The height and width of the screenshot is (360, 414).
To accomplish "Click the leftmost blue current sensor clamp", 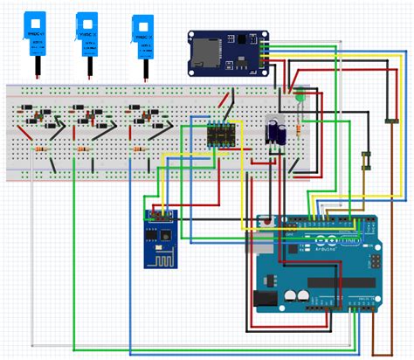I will tap(36, 31).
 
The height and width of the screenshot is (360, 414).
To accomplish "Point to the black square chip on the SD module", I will tap(238, 63).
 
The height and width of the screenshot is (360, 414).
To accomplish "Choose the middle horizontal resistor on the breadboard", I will tap(86, 149).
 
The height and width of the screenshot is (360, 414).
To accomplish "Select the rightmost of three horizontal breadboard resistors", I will tap(137, 149).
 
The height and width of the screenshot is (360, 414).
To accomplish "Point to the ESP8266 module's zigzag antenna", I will tap(157, 259).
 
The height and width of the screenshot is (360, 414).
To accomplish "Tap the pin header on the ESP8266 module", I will tap(158, 212).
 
